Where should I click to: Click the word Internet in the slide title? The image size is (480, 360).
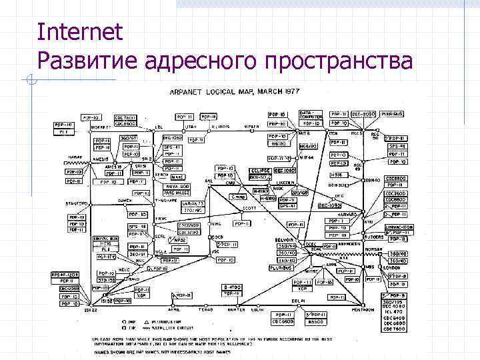(81, 31)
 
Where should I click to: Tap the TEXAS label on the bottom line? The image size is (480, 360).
(206, 310)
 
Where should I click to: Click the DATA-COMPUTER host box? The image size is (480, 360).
(311, 115)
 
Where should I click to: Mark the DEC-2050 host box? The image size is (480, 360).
(367, 114)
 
